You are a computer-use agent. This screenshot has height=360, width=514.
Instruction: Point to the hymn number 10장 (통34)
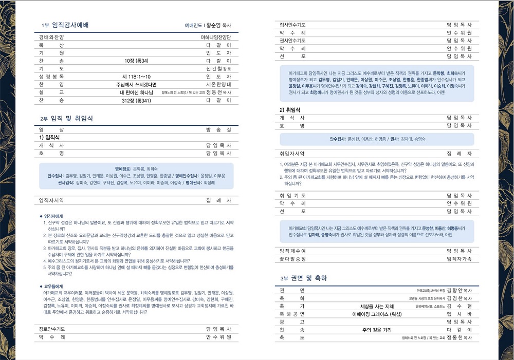coord(136,61)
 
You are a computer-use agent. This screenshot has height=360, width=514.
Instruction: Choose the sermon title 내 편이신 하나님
coord(136,92)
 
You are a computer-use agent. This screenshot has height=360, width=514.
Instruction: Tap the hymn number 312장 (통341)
coord(136,100)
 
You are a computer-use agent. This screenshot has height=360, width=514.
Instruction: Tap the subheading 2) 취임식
coord(290,110)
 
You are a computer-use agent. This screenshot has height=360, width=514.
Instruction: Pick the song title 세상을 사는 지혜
coord(377,306)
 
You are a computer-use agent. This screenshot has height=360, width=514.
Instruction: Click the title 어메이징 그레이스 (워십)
coord(377,314)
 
